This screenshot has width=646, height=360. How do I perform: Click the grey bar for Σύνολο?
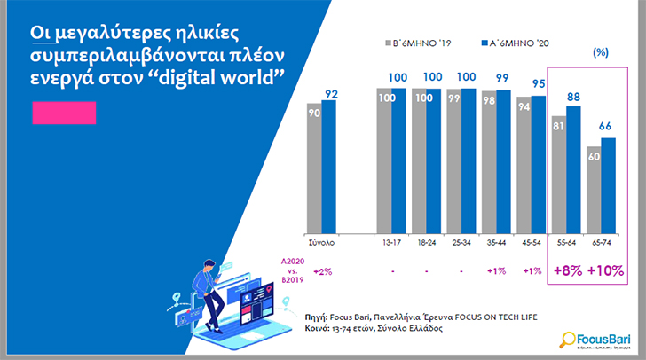[x=313, y=168]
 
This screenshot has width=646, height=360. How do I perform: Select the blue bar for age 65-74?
[x=608, y=185]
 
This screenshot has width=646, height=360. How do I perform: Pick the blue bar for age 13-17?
[x=398, y=160]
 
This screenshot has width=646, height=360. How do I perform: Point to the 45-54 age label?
[x=532, y=241]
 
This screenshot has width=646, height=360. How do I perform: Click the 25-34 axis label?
[x=460, y=241]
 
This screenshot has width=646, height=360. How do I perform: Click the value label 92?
[x=332, y=93]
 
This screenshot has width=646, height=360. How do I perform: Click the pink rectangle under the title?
[x=63, y=113]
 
